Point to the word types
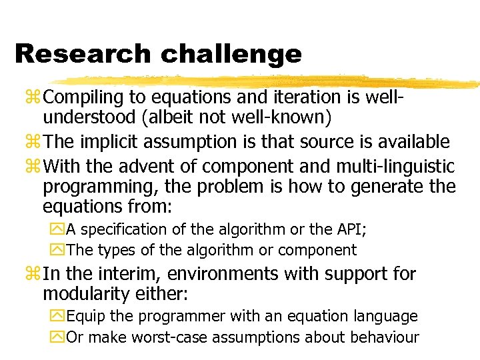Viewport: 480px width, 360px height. click(x=115, y=250)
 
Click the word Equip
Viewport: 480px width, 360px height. click(x=85, y=316)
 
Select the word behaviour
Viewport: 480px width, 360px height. click(x=382, y=337)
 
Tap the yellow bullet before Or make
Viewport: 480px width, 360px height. click(x=59, y=337)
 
